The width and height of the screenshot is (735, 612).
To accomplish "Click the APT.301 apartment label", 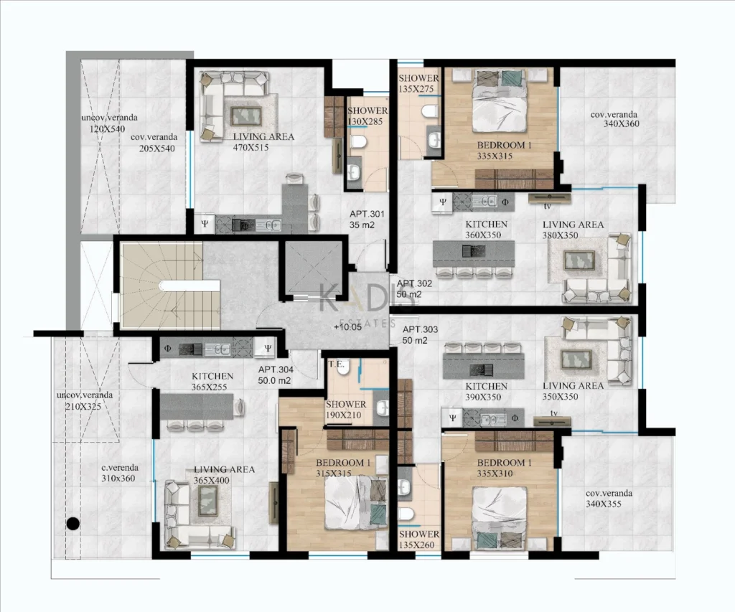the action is point(367,214).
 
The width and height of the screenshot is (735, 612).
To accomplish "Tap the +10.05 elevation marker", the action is point(348,327).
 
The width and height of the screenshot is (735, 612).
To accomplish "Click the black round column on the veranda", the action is point(72,524).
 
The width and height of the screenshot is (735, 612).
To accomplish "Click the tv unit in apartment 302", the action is point(549,198).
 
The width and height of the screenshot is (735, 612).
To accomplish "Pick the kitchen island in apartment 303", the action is point(484,364).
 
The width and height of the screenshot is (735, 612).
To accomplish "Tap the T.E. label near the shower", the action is point(336,364).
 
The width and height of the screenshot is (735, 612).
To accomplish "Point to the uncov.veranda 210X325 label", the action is point(85,400).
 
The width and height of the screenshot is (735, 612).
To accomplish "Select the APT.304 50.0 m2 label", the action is point(276,375).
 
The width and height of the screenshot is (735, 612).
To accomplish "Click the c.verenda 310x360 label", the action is point(118,473).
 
